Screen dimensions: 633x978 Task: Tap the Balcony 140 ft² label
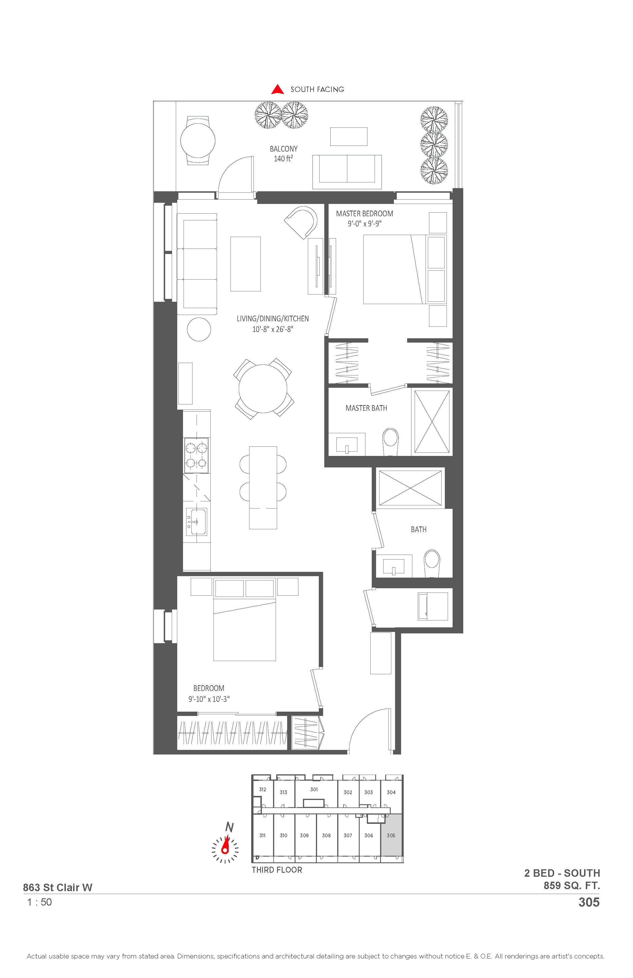(284, 154)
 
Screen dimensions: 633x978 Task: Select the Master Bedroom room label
(365, 214)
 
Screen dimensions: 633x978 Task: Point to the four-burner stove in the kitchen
(197, 455)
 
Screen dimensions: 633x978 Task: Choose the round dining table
(263, 388)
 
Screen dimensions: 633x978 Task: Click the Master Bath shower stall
(432, 422)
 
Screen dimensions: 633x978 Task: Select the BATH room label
(418, 529)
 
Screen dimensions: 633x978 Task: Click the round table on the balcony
(198, 141)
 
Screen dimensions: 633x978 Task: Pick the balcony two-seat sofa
(347, 172)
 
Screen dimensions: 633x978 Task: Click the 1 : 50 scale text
(39, 902)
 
